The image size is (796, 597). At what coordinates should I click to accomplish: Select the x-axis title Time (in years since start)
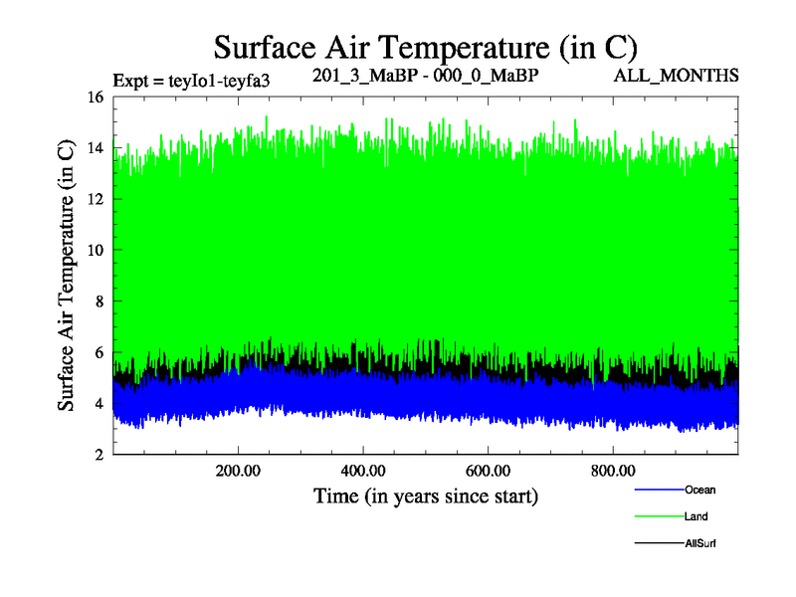[x=426, y=495]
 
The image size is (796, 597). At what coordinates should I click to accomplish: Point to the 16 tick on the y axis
[x=96, y=98]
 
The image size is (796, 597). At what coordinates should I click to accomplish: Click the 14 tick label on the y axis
[x=96, y=148]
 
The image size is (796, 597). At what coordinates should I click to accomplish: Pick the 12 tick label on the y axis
[x=96, y=199]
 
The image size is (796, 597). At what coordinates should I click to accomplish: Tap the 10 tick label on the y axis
[x=96, y=251]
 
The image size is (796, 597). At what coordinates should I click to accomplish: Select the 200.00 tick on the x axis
[x=238, y=469]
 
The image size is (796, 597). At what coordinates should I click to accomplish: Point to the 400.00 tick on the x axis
[x=363, y=469]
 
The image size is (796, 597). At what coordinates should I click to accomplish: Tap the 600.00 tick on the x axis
[x=489, y=469]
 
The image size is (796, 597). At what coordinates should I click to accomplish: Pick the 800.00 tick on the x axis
[x=614, y=469]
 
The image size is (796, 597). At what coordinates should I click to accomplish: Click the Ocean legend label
[x=699, y=490]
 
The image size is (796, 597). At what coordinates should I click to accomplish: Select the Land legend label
[x=696, y=516]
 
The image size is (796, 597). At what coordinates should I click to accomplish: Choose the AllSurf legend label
[x=700, y=543]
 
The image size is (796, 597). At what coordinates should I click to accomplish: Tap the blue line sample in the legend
[x=658, y=490]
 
